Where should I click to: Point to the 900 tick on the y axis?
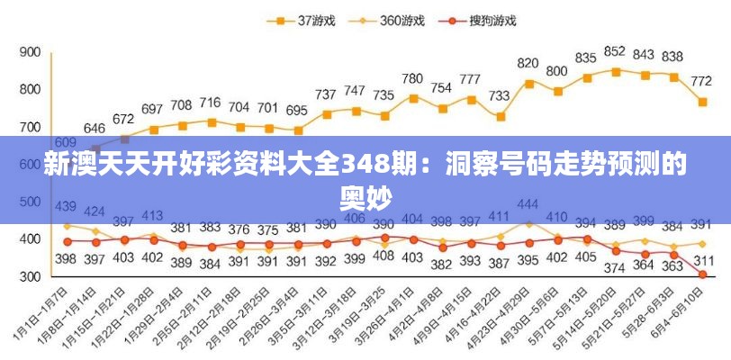point(30,52)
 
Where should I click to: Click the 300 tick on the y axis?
point(30,277)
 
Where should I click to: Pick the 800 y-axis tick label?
point(30,89)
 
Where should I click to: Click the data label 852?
point(615,51)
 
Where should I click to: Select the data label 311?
point(704,261)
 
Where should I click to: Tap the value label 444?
point(528,203)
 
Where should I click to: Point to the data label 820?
point(528,64)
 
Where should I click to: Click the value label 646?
point(95,129)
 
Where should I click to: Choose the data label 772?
point(702,81)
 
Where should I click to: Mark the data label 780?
point(412,79)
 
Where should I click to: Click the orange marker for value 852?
point(616,71)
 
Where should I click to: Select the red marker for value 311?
point(702,274)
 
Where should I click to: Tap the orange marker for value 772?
point(702,102)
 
